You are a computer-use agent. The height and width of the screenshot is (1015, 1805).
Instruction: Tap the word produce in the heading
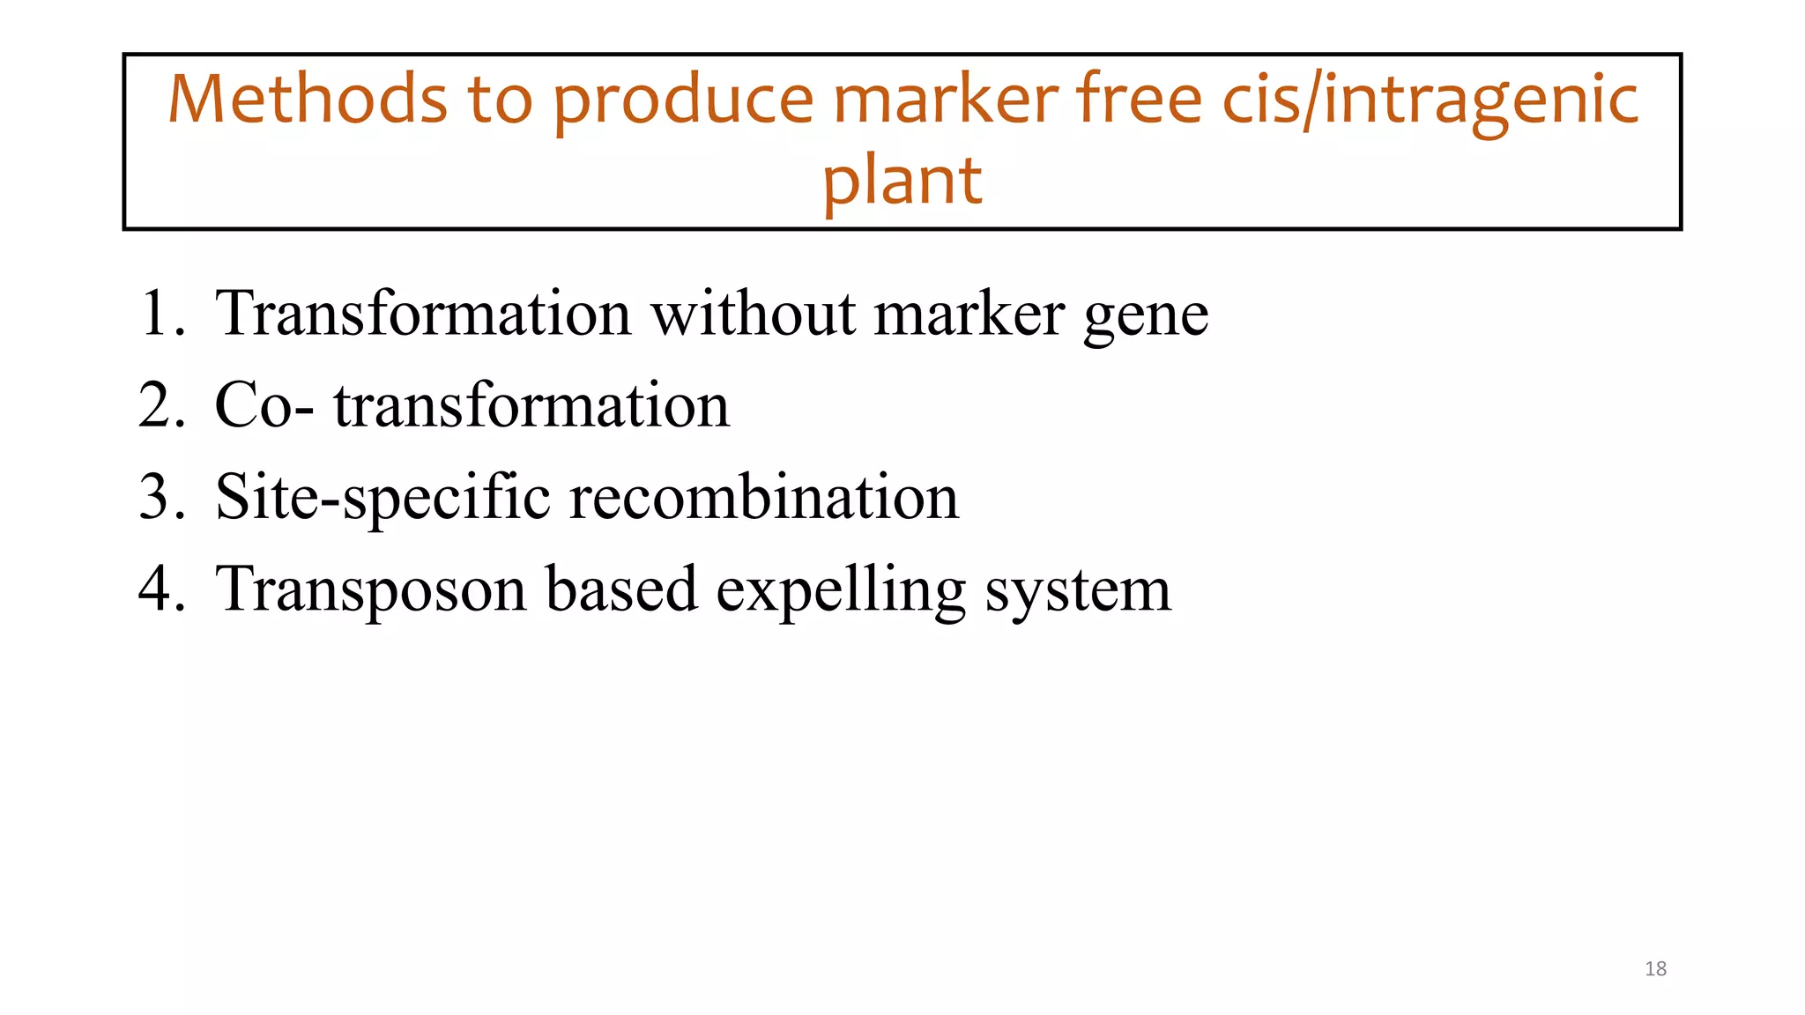click(x=683, y=101)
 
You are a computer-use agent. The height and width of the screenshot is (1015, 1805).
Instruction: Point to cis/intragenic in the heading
click(x=1430, y=101)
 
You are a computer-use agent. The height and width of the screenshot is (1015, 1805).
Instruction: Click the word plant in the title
click(x=902, y=182)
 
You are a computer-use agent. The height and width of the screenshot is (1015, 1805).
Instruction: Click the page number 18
click(x=1655, y=969)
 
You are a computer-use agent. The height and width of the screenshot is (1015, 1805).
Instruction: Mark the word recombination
click(x=764, y=497)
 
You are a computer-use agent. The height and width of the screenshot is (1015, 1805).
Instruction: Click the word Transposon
click(x=370, y=590)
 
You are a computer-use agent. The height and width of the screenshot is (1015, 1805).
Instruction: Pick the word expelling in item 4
click(x=840, y=590)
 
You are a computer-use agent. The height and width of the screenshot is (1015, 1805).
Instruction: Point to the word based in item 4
click(x=621, y=589)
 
